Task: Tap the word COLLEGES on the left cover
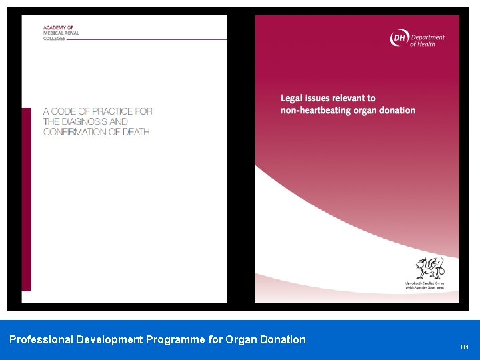pyautogui.click(x=55, y=38)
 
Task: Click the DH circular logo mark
pyautogui.click(x=399, y=39)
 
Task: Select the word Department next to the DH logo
pyautogui.click(x=427, y=37)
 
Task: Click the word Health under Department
pyautogui.click(x=427, y=45)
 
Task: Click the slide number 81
pyautogui.click(x=465, y=347)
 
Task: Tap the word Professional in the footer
pyautogui.click(x=41, y=339)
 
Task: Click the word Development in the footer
pyautogui.click(x=109, y=339)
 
